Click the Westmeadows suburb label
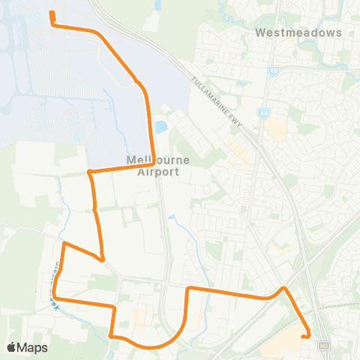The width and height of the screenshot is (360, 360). click(298, 33)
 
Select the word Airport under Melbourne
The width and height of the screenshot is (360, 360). click(158, 172)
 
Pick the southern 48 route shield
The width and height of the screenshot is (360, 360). click(264, 114)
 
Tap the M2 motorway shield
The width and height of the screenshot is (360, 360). click(324, 346)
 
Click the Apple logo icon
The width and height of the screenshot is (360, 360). click(11, 347)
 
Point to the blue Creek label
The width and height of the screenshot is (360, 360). click(54, 280)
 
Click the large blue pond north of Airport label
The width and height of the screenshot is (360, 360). click(160, 127)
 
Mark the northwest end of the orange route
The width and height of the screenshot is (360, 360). click(51, 13)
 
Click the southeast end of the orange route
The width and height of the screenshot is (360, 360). click(302, 337)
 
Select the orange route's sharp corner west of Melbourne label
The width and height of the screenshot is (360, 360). click(89, 172)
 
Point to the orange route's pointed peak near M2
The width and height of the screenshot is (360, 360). click(283, 287)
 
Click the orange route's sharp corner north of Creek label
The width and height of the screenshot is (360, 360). click(63, 244)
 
